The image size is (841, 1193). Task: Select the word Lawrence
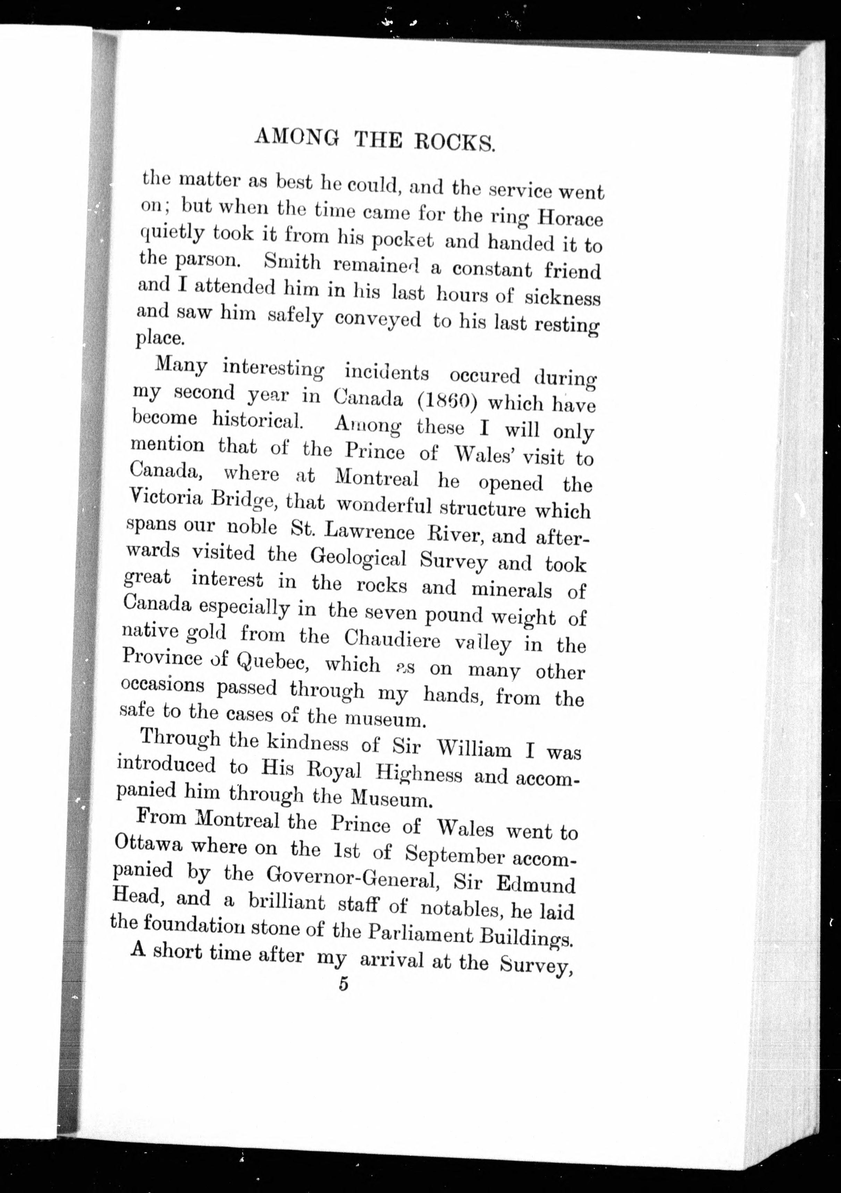[x=369, y=531]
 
